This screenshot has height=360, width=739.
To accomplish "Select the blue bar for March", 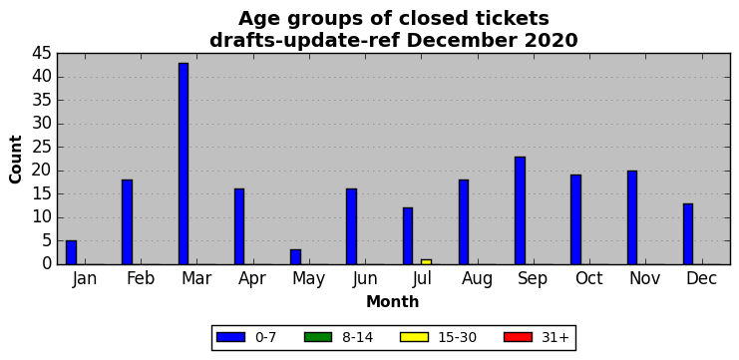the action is [x=184, y=164].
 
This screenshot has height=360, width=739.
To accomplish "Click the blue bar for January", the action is [x=71, y=252].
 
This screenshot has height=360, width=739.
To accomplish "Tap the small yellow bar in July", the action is [x=426, y=262].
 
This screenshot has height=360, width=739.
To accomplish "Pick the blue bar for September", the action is [x=520, y=210].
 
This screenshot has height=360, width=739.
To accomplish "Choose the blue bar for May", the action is [x=295, y=257].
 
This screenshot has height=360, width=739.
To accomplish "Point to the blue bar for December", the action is [x=688, y=233].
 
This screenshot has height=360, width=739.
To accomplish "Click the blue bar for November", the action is [x=632, y=217].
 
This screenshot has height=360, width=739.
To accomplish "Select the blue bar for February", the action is [x=128, y=222].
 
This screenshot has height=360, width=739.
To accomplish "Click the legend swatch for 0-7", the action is [x=230, y=337].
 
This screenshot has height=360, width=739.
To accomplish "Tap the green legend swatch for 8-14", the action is [x=318, y=337].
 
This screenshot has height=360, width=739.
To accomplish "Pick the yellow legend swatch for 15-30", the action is [x=414, y=337].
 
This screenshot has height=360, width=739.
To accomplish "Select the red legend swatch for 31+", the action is [x=518, y=337].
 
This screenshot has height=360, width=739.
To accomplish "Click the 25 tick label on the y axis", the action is [x=42, y=148].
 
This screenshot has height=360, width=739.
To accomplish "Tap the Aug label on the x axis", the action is [x=477, y=279].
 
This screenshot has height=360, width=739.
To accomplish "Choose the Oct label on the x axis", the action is [x=589, y=278].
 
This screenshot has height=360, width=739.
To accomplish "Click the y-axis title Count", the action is [x=16, y=160].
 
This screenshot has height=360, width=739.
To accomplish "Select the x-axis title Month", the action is [x=393, y=301].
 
